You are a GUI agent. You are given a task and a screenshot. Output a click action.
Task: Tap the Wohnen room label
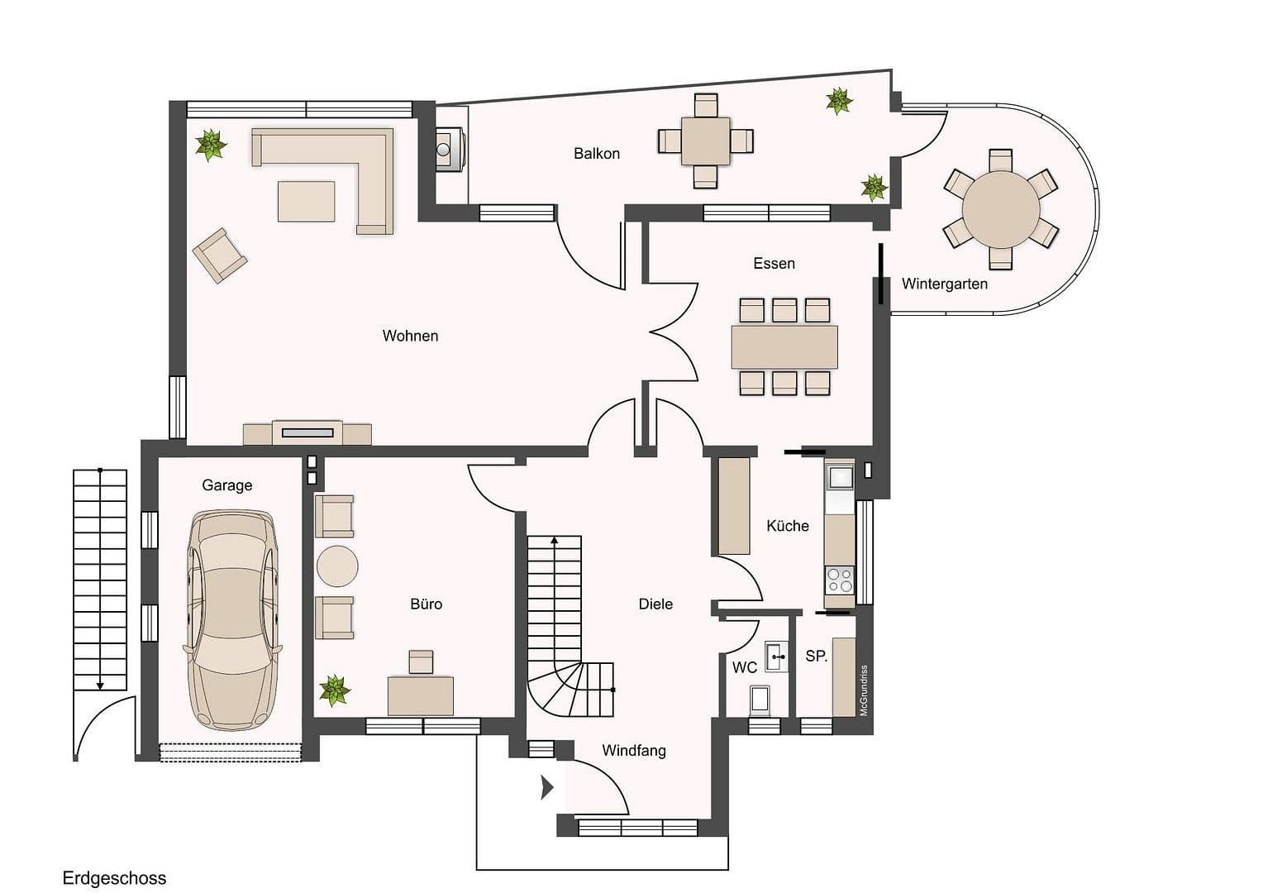click(410, 336)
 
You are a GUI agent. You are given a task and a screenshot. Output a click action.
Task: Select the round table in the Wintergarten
click(1001, 208)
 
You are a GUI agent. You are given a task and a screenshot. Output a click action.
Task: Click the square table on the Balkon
click(706, 141)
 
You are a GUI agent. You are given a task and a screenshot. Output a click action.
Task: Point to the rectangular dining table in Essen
click(784, 347)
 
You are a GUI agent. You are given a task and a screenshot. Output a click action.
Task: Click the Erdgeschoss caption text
click(114, 878)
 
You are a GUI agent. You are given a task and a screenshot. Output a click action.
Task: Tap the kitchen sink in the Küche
click(840, 477)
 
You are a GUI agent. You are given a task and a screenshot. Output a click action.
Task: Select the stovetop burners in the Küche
click(840, 580)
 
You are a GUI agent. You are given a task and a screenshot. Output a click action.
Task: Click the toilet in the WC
click(760, 700)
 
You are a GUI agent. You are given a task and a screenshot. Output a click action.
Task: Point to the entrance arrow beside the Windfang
click(546, 787)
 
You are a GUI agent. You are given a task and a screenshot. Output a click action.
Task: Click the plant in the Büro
click(335, 690)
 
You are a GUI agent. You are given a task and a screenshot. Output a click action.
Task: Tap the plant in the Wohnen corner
click(211, 145)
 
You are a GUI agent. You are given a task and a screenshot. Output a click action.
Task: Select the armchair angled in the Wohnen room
click(219, 255)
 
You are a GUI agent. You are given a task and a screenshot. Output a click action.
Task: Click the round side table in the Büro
click(337, 566)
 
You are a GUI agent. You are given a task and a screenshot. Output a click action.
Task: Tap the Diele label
click(655, 604)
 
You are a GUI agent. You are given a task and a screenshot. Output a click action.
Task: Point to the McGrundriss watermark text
click(864, 690)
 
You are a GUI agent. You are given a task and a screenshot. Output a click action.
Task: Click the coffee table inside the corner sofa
click(306, 202)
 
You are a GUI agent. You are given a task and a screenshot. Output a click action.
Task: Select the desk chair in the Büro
click(421, 661)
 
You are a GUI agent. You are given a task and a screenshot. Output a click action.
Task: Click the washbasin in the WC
click(775, 656)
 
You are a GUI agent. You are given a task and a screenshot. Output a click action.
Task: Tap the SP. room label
click(816, 656)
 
